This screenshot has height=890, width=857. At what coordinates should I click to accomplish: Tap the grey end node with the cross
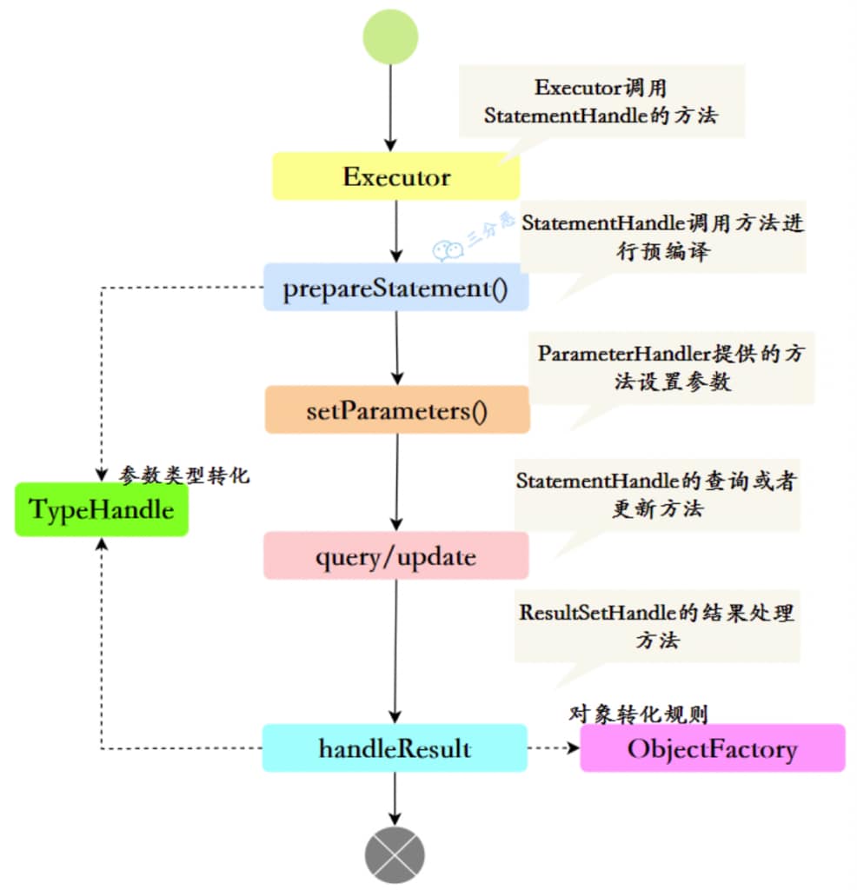click(395, 855)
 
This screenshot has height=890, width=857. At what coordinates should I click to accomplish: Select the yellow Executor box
click(396, 177)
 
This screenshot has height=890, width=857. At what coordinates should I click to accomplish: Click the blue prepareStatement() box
click(396, 288)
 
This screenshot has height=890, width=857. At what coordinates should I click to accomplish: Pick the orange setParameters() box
click(397, 410)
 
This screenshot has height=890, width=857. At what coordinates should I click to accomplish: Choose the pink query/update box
click(395, 556)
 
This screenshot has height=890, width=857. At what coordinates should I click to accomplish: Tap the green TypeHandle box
click(102, 510)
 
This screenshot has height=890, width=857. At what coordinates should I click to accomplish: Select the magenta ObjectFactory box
click(712, 748)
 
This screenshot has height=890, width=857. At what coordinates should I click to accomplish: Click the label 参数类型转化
click(184, 475)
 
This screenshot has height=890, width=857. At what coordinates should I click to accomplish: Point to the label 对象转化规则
click(638, 714)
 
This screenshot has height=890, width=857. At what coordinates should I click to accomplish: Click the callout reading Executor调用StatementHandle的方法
click(601, 101)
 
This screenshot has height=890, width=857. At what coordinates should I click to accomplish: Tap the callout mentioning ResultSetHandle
click(656, 626)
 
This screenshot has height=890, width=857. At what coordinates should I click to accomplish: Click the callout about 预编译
click(662, 236)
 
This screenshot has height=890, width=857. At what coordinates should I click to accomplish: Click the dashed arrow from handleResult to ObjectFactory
click(553, 747)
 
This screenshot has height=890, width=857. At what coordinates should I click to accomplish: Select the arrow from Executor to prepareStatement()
click(396, 231)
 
